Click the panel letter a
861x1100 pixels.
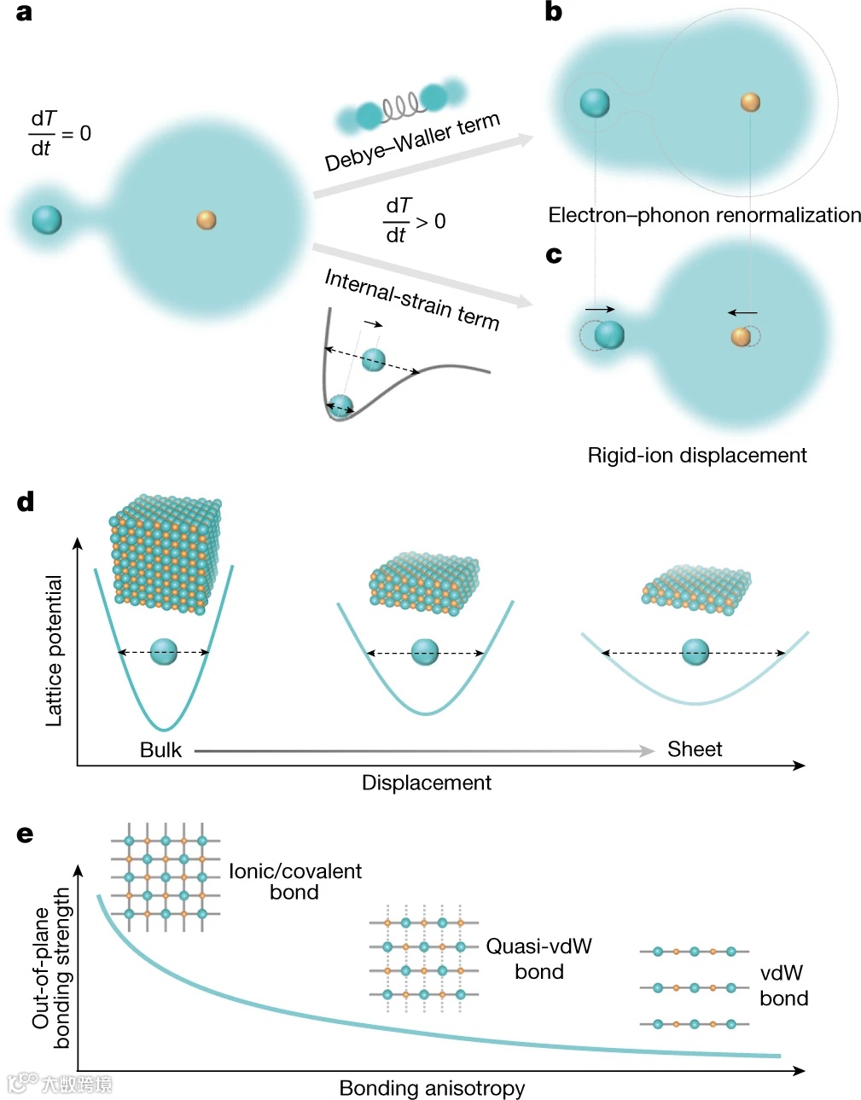point(24,13)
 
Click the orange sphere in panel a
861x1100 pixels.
point(207,220)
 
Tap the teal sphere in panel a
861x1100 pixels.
point(47,219)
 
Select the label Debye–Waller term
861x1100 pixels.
point(412,142)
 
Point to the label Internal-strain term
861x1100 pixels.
point(411,299)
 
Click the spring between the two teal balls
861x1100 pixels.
point(401,106)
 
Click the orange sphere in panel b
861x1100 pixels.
point(750,102)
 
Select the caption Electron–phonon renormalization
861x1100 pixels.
point(704,215)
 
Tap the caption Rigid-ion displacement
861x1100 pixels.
point(696,455)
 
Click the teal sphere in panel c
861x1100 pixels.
point(609,335)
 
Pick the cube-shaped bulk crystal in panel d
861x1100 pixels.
point(165,553)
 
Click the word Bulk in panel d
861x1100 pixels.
point(160,750)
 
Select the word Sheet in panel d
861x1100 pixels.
point(695,749)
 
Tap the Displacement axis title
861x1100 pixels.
point(426,783)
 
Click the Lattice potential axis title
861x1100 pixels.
point(54,651)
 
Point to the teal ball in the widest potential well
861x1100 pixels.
point(695,652)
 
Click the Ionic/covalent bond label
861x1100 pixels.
point(294,882)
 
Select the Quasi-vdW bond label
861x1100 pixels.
point(538,958)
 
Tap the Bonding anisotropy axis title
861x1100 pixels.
point(432,1088)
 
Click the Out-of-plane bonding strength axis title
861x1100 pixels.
point(51,968)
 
